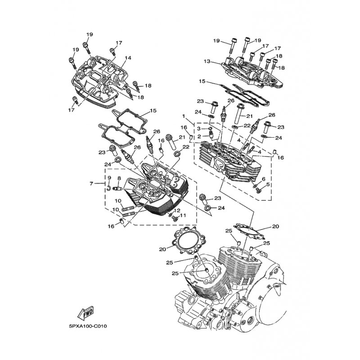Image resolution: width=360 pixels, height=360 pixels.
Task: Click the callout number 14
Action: (128, 58)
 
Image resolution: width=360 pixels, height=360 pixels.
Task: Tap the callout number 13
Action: (207, 61)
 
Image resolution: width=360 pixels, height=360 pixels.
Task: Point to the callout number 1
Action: (184, 117)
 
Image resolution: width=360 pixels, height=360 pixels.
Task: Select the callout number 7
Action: (91, 184)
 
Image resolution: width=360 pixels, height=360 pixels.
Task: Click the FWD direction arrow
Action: (85, 312)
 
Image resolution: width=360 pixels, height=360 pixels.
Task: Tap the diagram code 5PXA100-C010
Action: (88, 326)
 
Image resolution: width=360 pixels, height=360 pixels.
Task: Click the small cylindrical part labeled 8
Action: (117, 189)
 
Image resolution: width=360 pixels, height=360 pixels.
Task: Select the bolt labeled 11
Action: (175, 219)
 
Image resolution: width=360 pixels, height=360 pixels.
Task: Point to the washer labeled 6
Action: (255, 185)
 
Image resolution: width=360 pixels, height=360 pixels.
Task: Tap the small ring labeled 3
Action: (210, 129)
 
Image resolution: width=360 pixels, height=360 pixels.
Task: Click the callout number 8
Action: (119, 178)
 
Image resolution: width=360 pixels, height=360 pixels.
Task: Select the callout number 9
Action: (109, 177)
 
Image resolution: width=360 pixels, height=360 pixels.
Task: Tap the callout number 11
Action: (183, 216)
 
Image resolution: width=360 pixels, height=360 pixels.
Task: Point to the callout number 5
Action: (268, 184)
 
